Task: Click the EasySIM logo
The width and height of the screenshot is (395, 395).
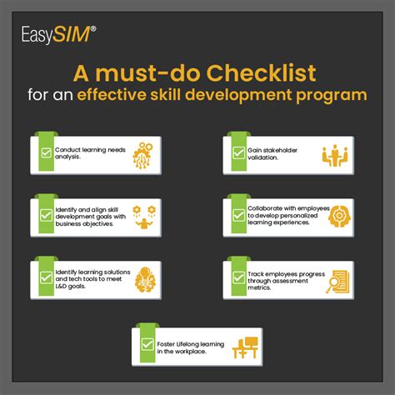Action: coord(59,35)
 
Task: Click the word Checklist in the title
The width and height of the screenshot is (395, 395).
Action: coord(261,73)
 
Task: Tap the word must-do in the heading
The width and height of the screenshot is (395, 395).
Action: coord(147,73)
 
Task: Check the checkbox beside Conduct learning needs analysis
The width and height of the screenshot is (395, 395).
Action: coord(46,152)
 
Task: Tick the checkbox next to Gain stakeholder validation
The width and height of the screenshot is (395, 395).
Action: coord(238,152)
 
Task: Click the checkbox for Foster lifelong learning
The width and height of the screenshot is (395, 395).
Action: coord(147,344)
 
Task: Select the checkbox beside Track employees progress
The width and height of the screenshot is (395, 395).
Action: coord(238,277)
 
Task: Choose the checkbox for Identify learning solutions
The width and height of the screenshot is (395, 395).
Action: coord(46,277)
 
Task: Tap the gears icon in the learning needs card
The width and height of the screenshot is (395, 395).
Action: coord(142,155)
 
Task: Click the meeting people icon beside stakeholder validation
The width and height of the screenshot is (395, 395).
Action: coord(335,155)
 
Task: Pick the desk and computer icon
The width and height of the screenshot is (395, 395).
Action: coord(245,347)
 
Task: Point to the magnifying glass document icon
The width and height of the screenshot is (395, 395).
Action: coord(337,282)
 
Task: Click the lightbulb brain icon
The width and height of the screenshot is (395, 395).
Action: coord(145,280)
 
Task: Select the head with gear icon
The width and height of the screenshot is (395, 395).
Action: coord(339,216)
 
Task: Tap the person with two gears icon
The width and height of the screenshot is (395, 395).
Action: coord(144,217)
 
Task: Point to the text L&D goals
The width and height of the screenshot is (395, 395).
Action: coord(70,287)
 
